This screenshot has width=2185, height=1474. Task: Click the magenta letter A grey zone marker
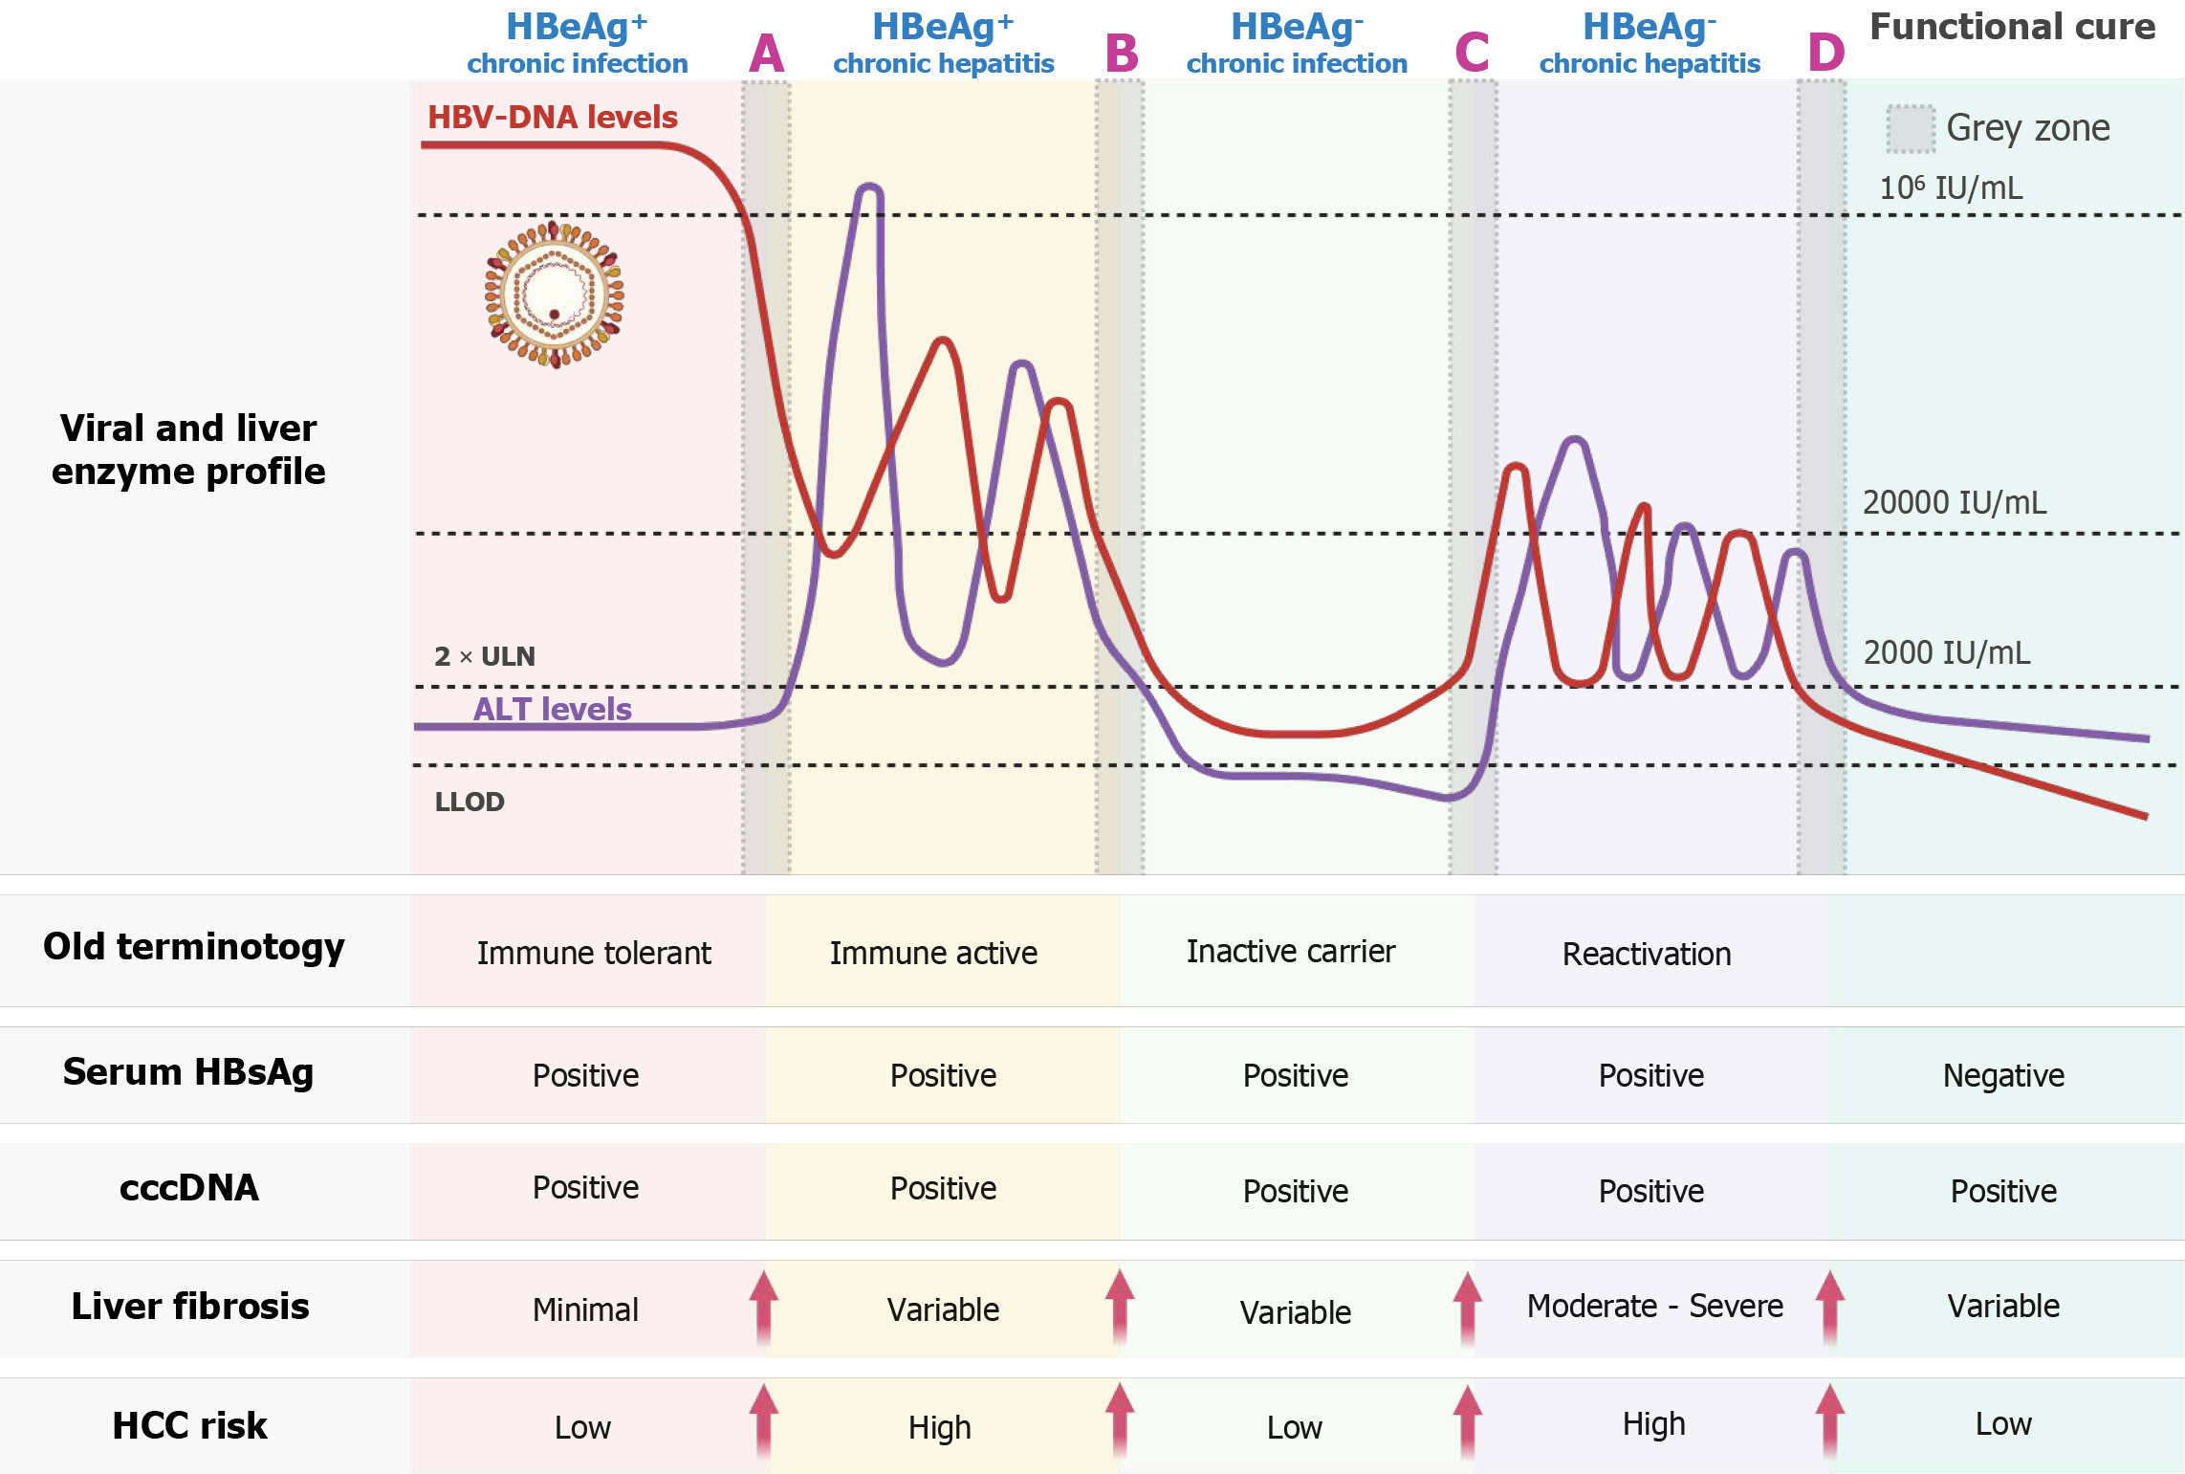(766, 54)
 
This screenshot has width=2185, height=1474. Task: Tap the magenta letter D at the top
(1825, 54)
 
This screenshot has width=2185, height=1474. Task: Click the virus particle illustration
(555, 295)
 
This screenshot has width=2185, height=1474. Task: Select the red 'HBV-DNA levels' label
(552, 118)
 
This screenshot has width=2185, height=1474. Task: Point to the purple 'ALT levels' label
(552, 709)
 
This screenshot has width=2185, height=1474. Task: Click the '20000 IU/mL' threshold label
(1954, 503)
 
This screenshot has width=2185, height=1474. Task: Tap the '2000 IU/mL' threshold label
(1946, 653)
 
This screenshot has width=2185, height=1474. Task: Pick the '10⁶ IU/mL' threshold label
(1951, 187)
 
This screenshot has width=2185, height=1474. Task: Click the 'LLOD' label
(469, 802)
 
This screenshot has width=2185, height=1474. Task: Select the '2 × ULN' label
(484, 656)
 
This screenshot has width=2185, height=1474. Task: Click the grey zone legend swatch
(1910, 129)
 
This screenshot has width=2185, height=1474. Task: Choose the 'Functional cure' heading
(2012, 27)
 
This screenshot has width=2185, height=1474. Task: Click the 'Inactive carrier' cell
(1290, 952)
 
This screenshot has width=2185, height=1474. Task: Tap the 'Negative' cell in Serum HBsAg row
(2003, 1076)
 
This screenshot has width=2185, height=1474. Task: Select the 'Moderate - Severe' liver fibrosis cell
(1654, 1307)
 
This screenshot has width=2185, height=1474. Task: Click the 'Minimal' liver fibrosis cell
(585, 1309)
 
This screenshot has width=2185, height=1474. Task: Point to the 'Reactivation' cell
(1646, 955)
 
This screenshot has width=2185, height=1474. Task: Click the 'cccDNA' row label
(189, 1188)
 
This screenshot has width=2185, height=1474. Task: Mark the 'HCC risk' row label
(189, 1425)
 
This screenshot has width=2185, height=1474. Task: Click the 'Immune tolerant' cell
(594, 954)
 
